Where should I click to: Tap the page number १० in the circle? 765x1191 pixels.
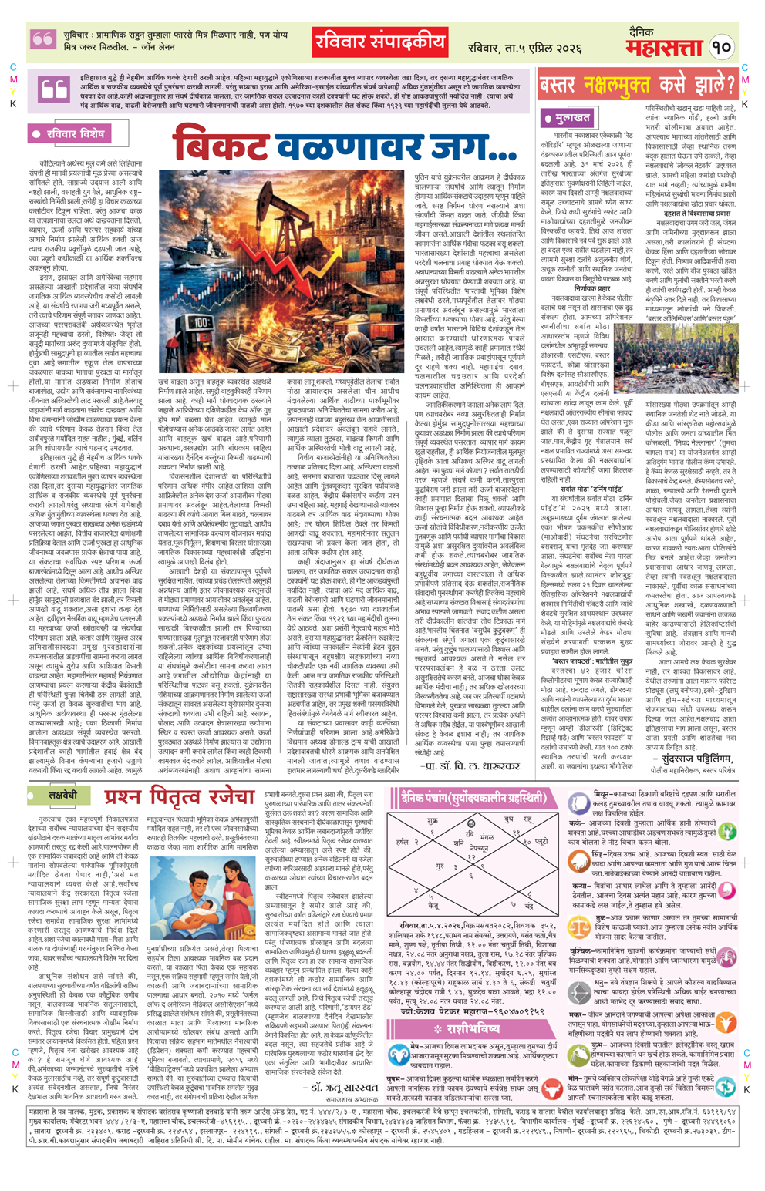coord(721,47)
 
